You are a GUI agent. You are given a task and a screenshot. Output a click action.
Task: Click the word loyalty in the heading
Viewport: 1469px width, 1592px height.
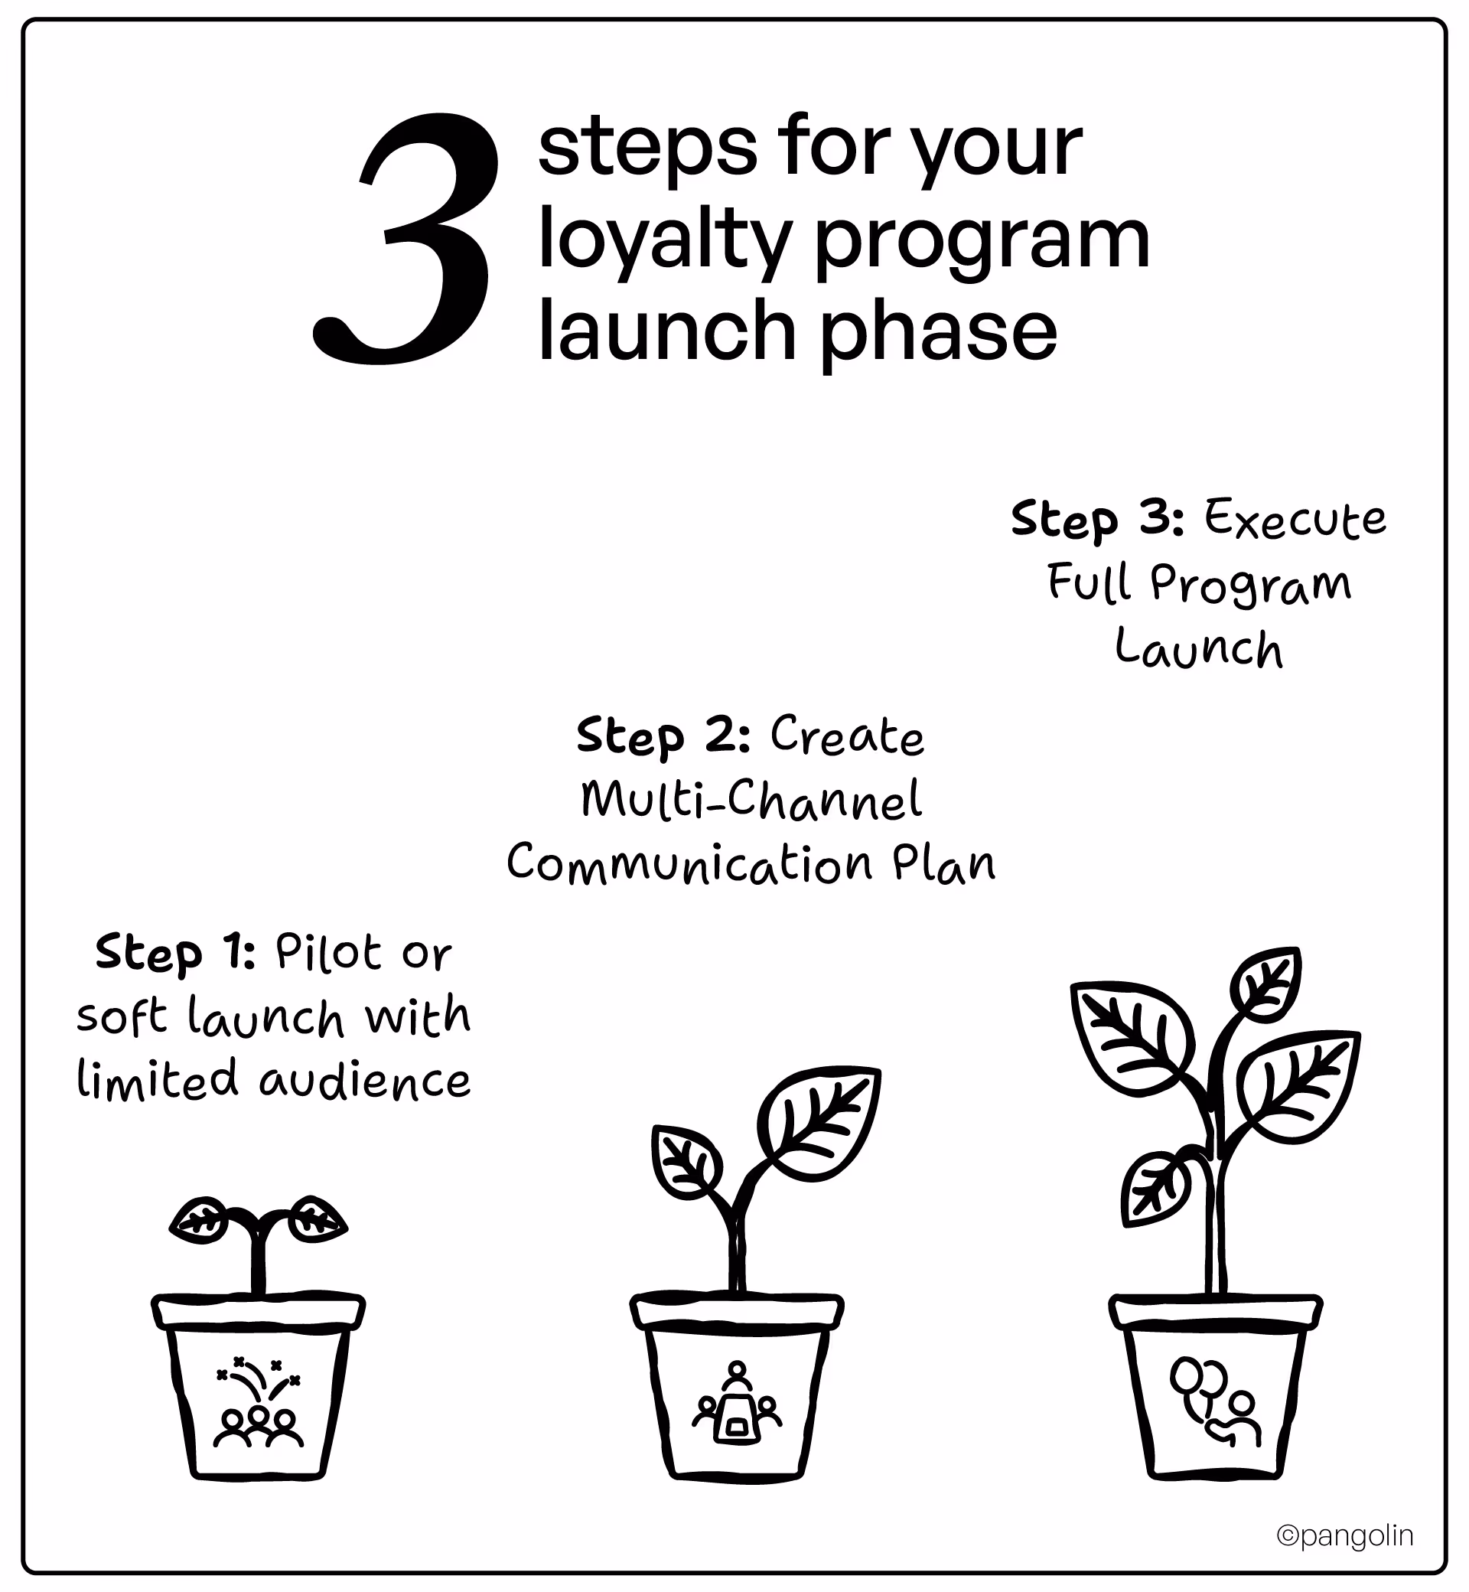coord(665,240)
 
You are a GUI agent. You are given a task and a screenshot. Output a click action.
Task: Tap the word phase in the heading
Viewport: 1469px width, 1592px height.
coord(939,331)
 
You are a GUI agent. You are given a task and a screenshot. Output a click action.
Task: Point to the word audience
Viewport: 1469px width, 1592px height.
coord(365,1081)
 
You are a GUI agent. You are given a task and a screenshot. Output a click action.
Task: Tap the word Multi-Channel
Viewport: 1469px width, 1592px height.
coord(751,800)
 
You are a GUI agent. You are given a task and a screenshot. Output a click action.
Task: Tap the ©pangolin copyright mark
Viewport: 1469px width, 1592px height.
coord(1345,1535)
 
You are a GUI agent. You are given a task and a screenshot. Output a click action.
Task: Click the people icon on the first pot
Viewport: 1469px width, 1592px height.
coord(259,1406)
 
